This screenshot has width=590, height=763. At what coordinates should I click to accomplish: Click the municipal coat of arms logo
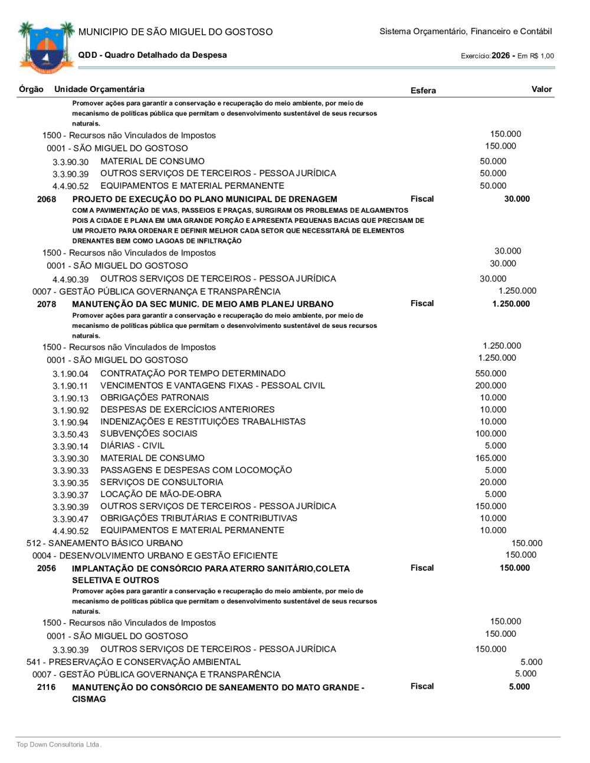pyautogui.click(x=46, y=47)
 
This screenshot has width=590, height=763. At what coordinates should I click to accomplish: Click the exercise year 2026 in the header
pyautogui.click(x=500, y=55)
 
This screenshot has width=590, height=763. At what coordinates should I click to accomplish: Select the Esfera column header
pyautogui.click(x=423, y=91)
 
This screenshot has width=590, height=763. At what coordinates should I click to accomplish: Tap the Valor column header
pyautogui.click(x=541, y=90)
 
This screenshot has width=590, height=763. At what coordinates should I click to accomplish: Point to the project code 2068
pyautogui.click(x=47, y=199)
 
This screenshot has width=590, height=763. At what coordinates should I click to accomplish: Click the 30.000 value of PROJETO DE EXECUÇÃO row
pyautogui.click(x=517, y=199)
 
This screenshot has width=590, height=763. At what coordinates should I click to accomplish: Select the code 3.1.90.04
pyautogui.click(x=70, y=374)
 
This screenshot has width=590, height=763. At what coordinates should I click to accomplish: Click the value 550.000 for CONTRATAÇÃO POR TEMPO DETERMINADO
pyautogui.click(x=490, y=374)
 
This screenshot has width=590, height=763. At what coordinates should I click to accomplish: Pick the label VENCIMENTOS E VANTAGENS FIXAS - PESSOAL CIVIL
pyautogui.click(x=212, y=386)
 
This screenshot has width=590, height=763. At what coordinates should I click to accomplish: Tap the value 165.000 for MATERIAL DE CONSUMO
pyautogui.click(x=490, y=458)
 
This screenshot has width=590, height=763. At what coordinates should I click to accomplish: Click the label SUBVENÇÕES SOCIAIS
pyautogui.click(x=149, y=434)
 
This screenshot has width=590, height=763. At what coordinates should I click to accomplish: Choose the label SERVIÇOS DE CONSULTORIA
pyautogui.click(x=162, y=482)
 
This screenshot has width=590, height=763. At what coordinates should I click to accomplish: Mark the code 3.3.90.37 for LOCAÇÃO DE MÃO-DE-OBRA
pyautogui.click(x=70, y=495)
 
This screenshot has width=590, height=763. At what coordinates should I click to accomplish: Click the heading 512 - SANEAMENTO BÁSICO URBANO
pyautogui.click(x=104, y=543)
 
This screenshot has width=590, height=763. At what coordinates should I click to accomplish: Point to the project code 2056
pyautogui.click(x=47, y=568)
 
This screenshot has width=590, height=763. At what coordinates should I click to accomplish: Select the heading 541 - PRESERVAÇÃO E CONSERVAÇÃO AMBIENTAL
pyautogui.click(x=133, y=662)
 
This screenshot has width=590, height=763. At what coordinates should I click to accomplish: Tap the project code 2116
pyautogui.click(x=47, y=688)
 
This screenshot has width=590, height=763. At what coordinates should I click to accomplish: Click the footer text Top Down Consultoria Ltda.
pyautogui.click(x=59, y=745)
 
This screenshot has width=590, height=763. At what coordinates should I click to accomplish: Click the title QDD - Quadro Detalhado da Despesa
pyautogui.click(x=152, y=55)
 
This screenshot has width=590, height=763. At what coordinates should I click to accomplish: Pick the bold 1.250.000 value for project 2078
pyautogui.click(x=511, y=304)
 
